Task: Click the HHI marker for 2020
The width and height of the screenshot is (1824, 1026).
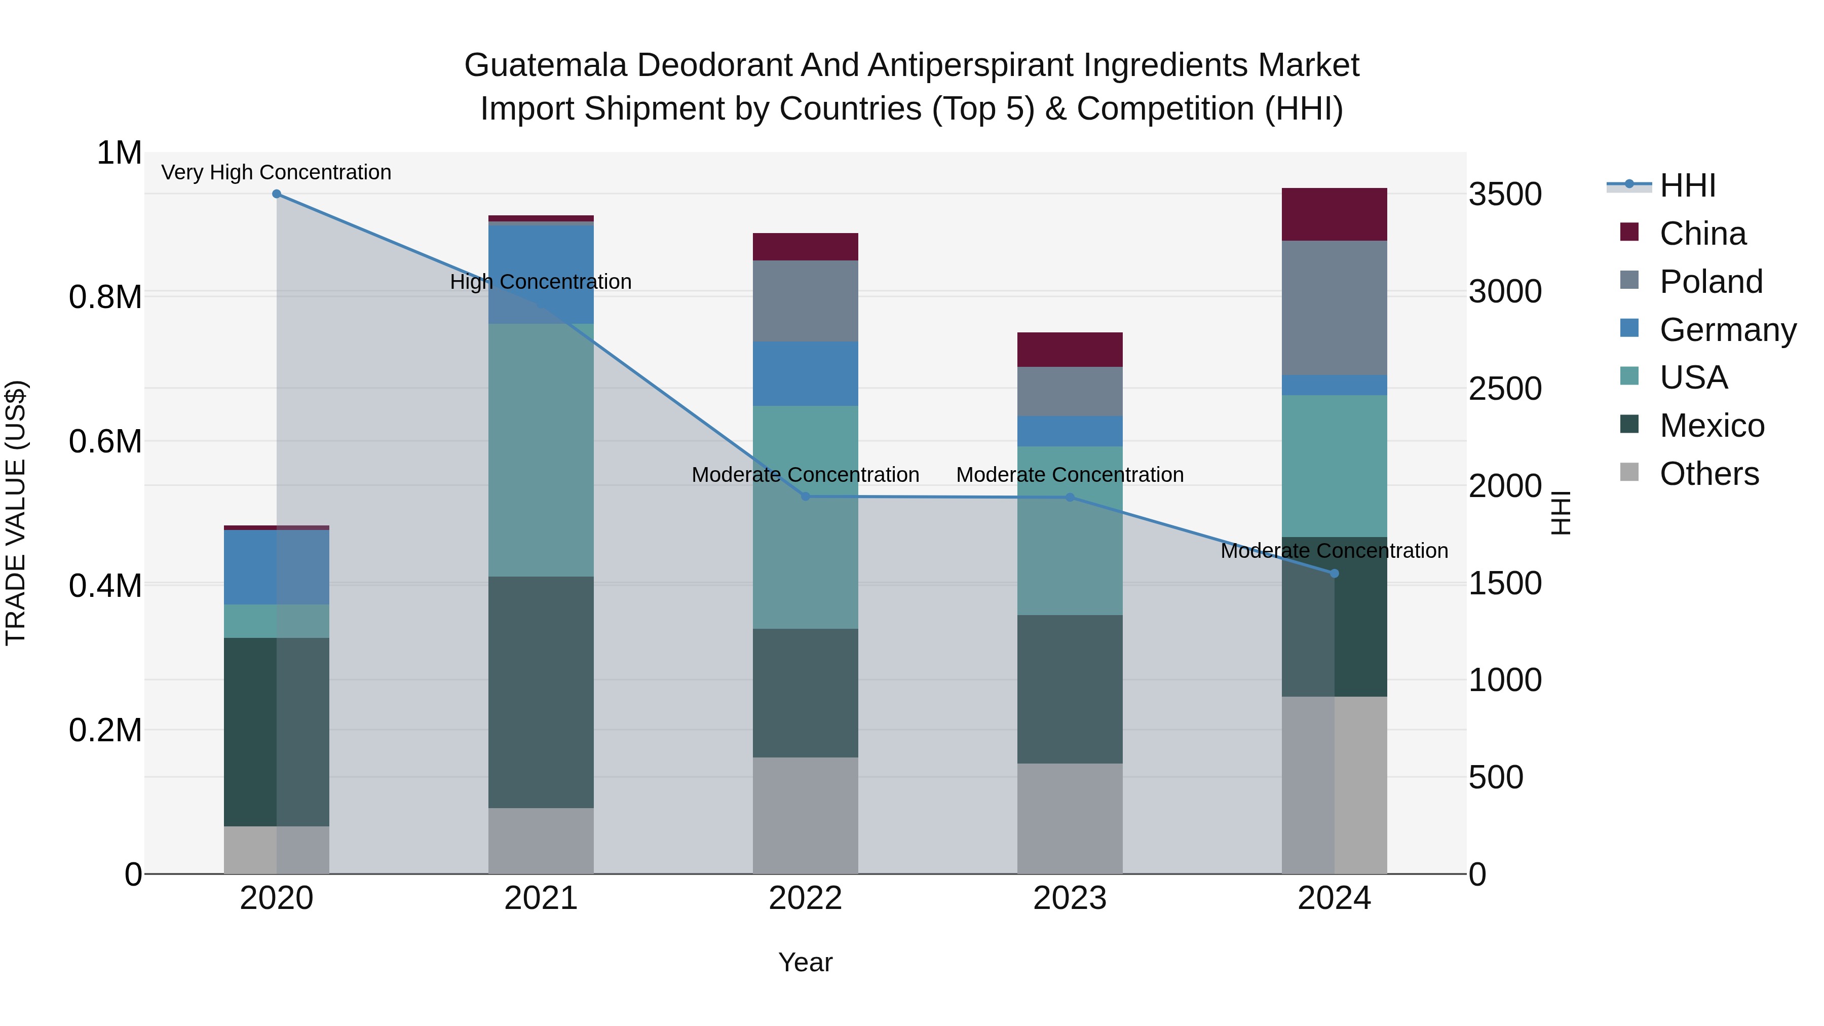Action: (277, 194)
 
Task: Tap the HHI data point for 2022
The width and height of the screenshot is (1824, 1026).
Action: (805, 497)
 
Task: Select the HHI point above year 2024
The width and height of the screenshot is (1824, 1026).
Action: (1335, 574)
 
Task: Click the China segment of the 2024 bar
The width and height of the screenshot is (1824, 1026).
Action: (1335, 214)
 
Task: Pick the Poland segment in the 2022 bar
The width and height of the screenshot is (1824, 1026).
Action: (805, 301)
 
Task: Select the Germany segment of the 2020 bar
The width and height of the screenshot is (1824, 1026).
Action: (277, 567)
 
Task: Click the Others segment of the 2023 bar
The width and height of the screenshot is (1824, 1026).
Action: (1070, 819)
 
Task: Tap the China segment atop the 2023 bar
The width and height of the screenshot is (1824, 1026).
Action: (1070, 350)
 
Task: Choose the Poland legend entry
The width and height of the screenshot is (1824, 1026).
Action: (1710, 282)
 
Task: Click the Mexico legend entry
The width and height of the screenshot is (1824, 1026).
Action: (1712, 426)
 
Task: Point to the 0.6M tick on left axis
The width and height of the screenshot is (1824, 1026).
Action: (105, 442)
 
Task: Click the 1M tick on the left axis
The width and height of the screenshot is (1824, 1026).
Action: (119, 154)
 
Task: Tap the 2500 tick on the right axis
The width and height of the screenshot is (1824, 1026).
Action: (1505, 390)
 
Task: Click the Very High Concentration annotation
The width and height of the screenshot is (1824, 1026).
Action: (276, 173)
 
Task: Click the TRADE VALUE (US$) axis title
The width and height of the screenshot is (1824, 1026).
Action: (16, 513)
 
